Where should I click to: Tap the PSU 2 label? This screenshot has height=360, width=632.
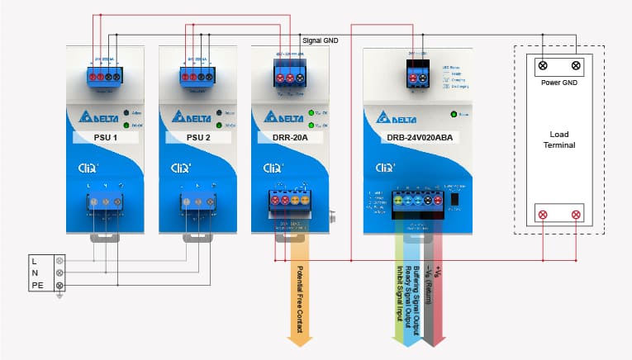(x=197, y=137)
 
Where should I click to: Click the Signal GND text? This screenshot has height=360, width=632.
(x=322, y=40)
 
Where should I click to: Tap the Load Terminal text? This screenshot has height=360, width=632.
(x=559, y=140)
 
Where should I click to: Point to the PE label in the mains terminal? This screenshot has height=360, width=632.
(x=37, y=286)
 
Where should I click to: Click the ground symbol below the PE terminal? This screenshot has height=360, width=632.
(x=59, y=296)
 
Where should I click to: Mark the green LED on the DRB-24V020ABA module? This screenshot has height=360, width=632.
(x=454, y=115)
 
